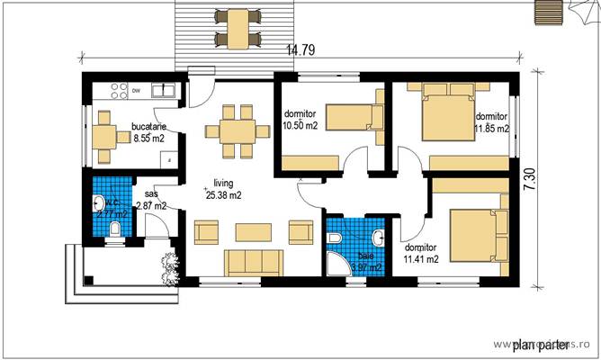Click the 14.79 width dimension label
point(301,50)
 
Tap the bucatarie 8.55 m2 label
point(147,133)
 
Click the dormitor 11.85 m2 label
point(491,122)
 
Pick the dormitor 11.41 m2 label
point(420,253)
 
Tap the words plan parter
point(541,343)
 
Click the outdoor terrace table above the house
point(238,27)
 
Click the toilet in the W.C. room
point(113,230)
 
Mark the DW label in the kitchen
point(136,91)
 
